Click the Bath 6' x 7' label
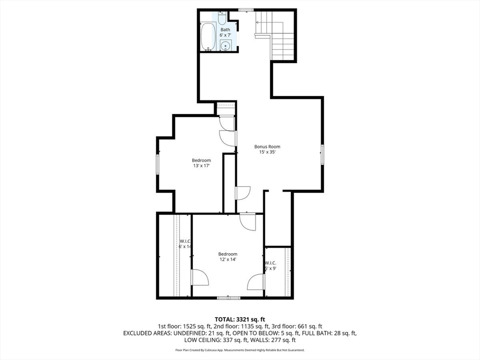[x=225, y=32]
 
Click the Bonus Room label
[x=267, y=147]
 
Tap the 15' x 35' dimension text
[x=267, y=152]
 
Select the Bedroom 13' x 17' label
[x=201, y=163]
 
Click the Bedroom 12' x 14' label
[x=227, y=257]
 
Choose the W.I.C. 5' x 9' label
[x=270, y=266]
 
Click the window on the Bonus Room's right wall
[x=322, y=154]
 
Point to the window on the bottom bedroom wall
[x=229, y=298]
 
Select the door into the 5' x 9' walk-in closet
[x=257, y=282]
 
